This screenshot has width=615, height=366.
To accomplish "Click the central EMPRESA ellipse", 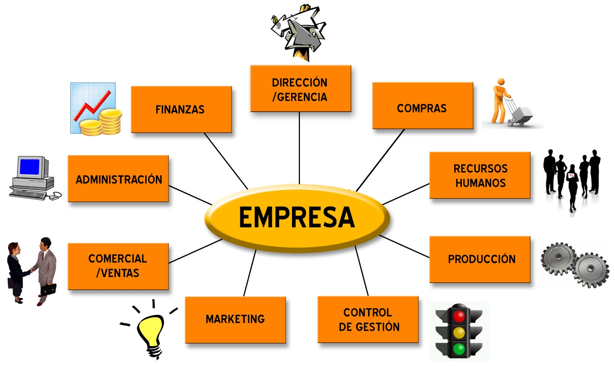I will click(297, 218).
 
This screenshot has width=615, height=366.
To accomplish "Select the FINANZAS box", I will click(181, 109).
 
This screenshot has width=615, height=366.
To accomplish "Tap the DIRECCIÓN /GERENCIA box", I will click(300, 89).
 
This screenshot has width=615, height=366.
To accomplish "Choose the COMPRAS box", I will click(422, 105).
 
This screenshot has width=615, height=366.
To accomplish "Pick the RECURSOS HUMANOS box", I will click(480, 175).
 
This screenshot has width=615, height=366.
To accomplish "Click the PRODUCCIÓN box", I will click(480, 259).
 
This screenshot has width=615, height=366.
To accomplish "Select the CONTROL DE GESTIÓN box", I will click(368, 320).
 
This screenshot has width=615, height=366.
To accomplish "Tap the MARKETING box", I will click(235, 320).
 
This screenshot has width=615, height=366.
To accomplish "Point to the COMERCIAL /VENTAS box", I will click(118, 266).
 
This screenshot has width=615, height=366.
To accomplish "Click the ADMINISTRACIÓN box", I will click(118, 179).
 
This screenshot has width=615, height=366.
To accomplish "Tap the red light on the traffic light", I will click(459, 316).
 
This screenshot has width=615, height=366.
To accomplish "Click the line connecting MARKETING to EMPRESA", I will click(249, 273).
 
